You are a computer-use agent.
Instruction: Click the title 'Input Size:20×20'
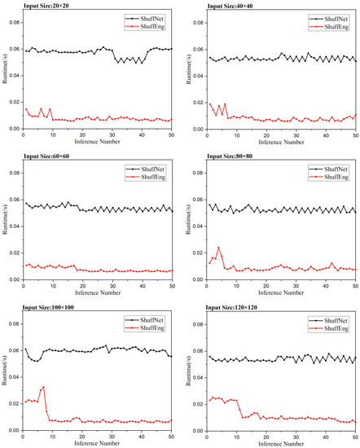coord(49,6)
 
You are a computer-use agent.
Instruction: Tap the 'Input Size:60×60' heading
coord(49,156)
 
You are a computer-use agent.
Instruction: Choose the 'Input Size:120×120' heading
coord(235,306)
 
